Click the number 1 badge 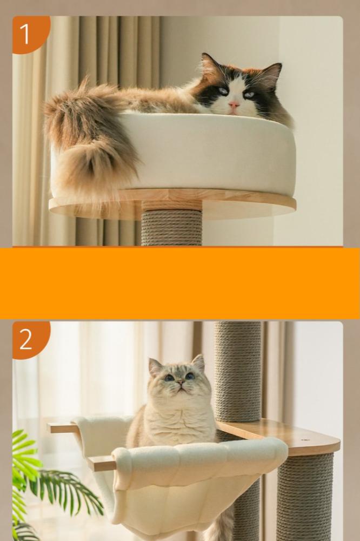[29, 34]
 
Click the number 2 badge [29, 339]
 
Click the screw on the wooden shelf [304, 440]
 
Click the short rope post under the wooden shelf [305, 497]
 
